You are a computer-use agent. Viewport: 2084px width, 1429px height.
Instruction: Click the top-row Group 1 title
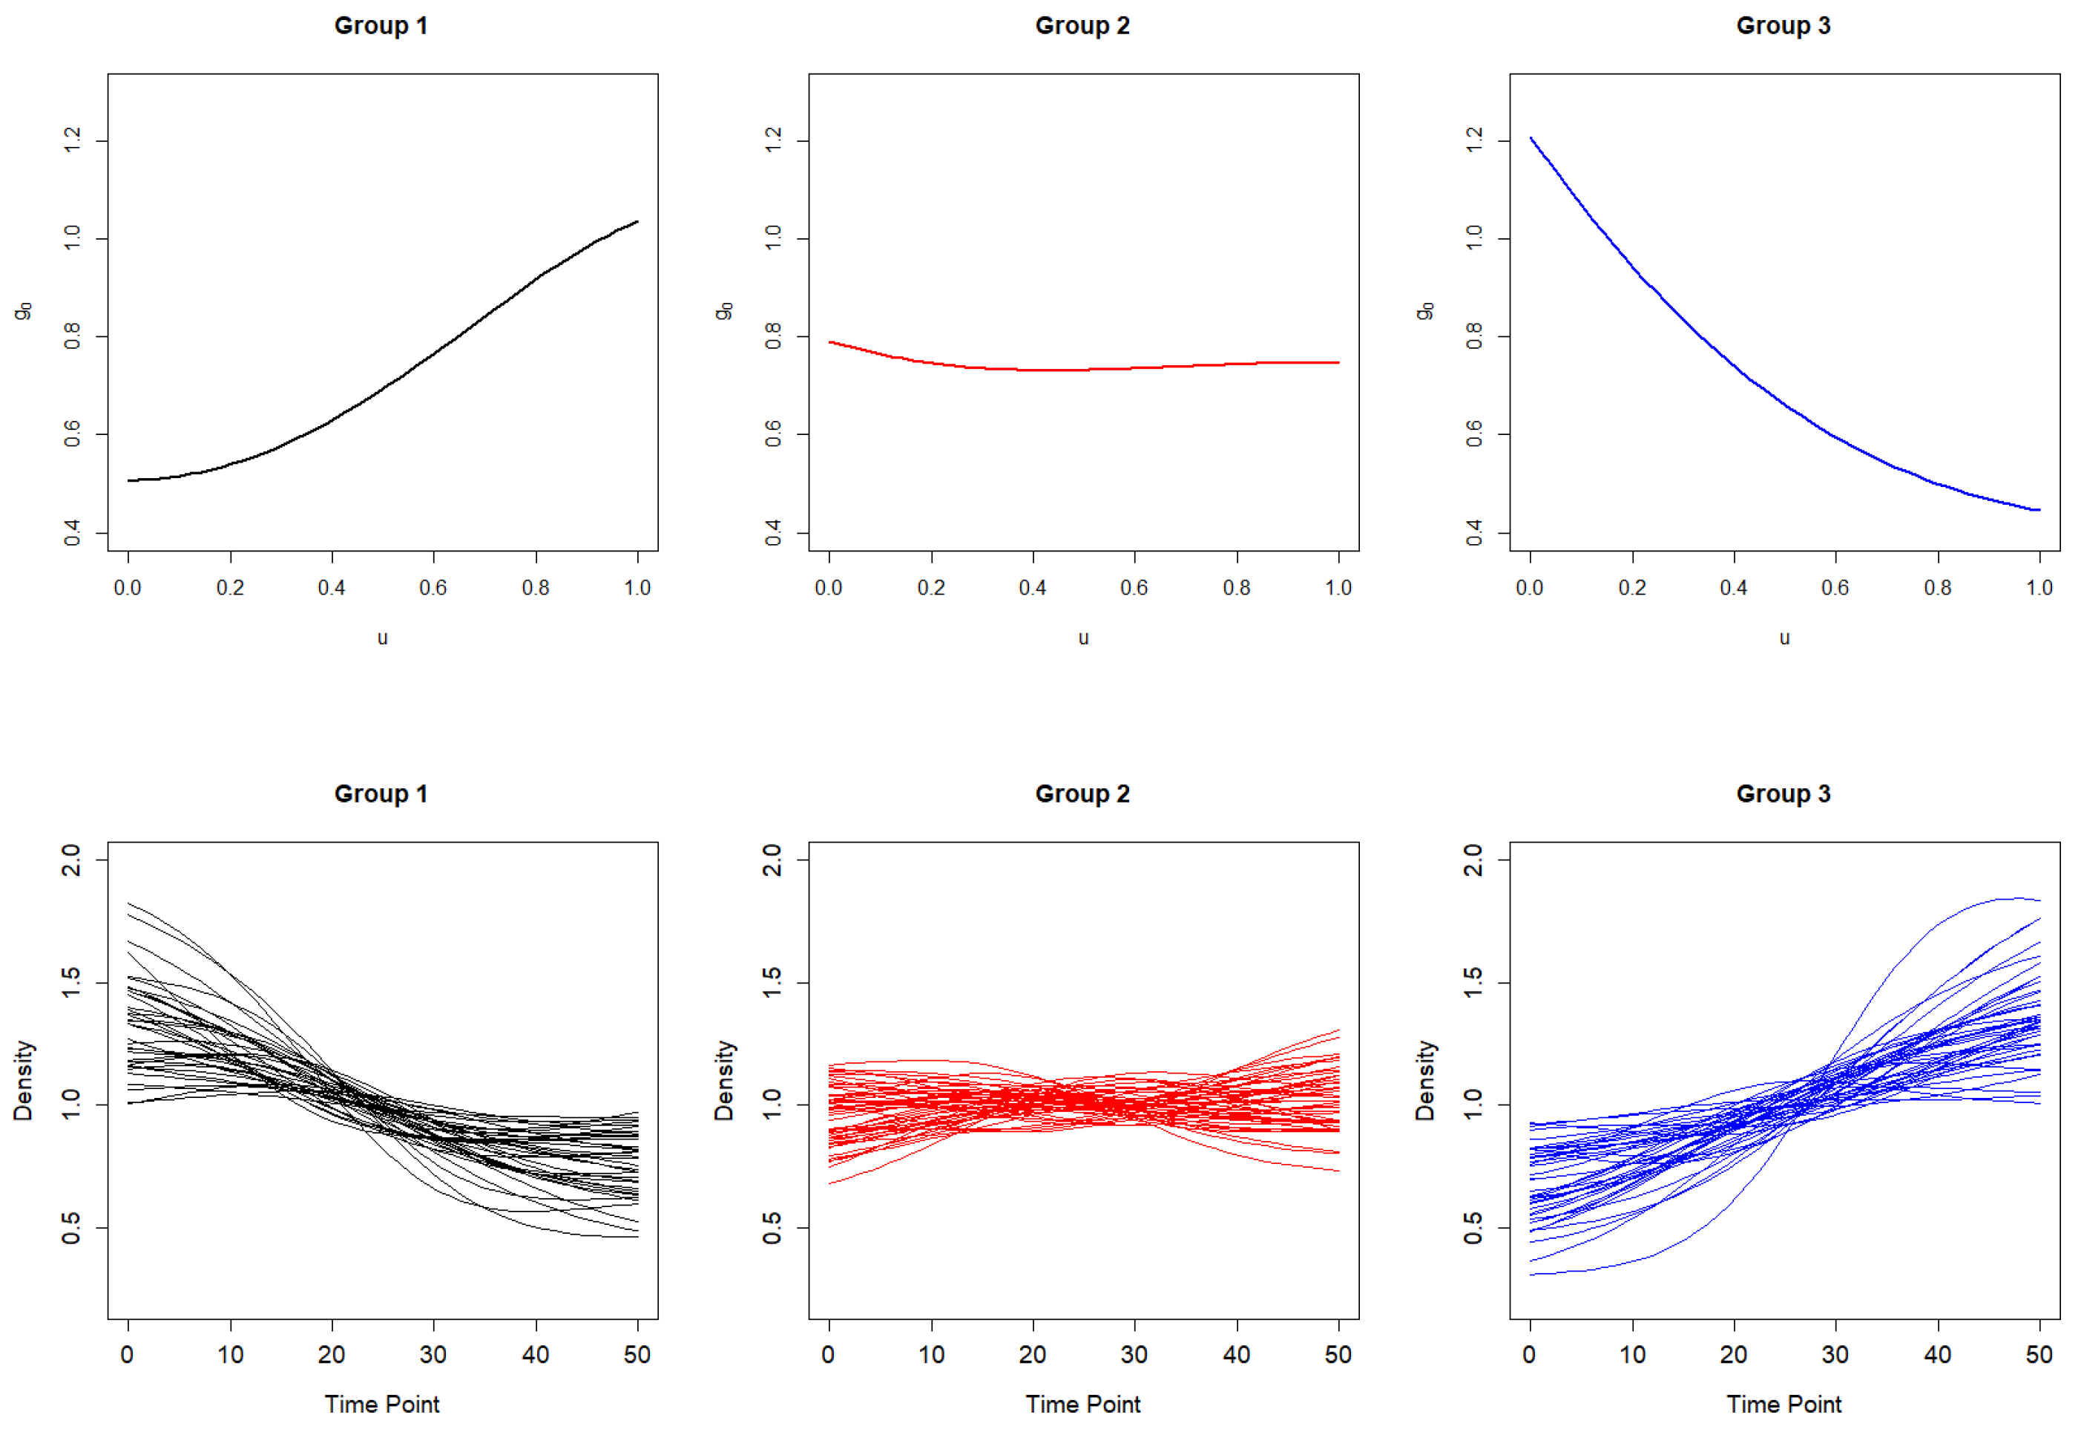pos(381,25)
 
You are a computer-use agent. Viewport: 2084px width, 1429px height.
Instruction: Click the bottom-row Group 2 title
pos(1082,794)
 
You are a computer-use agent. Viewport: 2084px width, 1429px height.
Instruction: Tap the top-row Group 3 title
pos(1784,25)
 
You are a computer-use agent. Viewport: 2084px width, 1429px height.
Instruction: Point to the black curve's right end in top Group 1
pos(637,221)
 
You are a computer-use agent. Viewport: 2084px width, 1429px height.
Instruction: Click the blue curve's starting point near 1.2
pos(1531,138)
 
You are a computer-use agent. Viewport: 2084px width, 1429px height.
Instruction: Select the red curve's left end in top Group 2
pos(829,341)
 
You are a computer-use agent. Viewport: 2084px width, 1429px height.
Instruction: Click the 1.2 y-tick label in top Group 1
pos(73,141)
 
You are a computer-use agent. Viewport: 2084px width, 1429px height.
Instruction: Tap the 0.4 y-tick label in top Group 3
pos(1474,533)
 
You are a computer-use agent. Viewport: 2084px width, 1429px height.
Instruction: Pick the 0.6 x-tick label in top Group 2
pos(1134,588)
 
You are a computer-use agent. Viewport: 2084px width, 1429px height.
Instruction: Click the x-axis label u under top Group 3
pos(1784,638)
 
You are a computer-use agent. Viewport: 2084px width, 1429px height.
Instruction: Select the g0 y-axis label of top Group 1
pos(23,310)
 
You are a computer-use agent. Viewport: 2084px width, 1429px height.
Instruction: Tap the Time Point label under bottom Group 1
pos(382,1404)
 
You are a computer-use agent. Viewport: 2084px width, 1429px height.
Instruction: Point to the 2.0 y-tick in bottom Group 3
pos(1473,860)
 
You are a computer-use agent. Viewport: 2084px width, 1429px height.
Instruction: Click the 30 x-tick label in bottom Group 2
pos(1134,1355)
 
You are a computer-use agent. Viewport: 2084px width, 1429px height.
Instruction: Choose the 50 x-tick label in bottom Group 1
pos(637,1355)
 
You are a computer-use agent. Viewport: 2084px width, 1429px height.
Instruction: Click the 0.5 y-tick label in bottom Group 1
pos(70,1227)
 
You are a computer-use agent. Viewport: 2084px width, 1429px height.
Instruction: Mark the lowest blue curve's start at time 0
pos(1531,1274)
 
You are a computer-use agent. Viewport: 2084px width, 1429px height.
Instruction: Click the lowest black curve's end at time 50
pos(637,1237)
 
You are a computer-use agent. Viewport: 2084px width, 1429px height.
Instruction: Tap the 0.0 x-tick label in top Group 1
pos(128,588)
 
